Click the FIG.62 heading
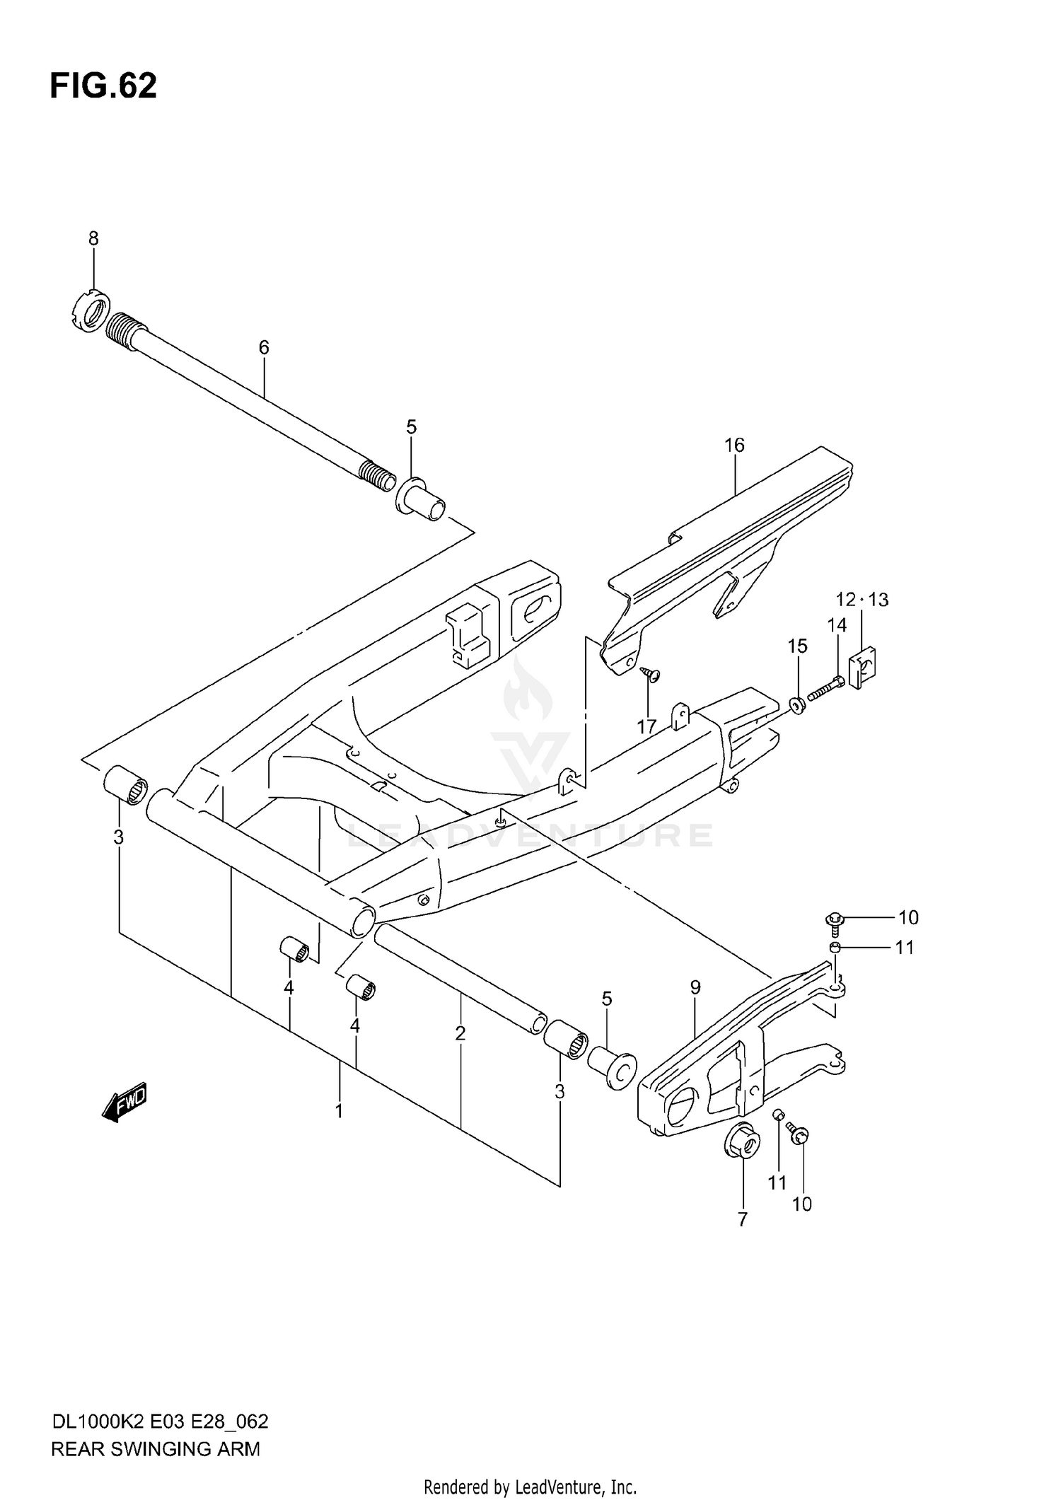click(103, 86)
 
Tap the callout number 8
click(93, 239)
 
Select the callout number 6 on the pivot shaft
click(264, 347)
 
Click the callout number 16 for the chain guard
click(734, 445)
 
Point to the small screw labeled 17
click(649, 674)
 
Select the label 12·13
click(862, 600)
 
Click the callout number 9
click(695, 987)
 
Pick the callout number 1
click(339, 1111)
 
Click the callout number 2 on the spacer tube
click(460, 1033)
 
